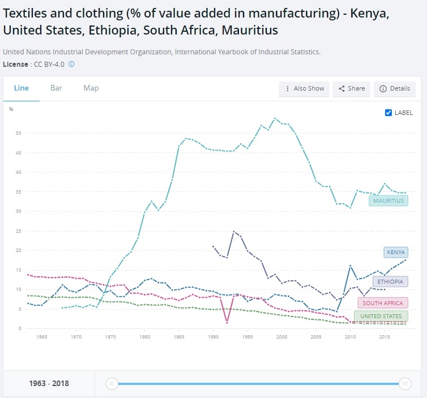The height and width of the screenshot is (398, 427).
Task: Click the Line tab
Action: click(21, 88)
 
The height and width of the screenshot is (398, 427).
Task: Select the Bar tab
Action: click(56, 88)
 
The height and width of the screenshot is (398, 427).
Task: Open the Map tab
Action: click(91, 88)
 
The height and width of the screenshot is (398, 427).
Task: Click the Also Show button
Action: click(305, 89)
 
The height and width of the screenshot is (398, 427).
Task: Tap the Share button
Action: click(352, 89)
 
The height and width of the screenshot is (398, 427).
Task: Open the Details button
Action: click(395, 89)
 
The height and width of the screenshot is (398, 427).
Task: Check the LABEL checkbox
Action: click(388, 113)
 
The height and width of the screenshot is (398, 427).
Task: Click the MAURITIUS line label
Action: click(388, 200)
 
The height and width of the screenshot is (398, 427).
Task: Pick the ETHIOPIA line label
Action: click(390, 281)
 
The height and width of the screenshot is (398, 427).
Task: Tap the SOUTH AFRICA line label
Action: click(383, 303)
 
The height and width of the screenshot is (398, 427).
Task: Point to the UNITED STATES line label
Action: click(381, 316)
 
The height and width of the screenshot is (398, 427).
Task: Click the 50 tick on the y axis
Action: click(18, 133)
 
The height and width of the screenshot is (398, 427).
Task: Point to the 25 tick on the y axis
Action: click(18, 231)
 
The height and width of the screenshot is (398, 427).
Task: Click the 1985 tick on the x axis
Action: click(179, 337)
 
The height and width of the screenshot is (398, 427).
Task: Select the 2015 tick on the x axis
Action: click(385, 337)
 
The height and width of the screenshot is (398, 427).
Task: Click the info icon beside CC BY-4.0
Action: click(71, 65)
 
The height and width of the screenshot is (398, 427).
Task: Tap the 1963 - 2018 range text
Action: click(49, 383)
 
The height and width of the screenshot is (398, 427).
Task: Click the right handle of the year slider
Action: click(405, 384)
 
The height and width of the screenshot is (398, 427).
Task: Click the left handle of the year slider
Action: click(112, 384)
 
